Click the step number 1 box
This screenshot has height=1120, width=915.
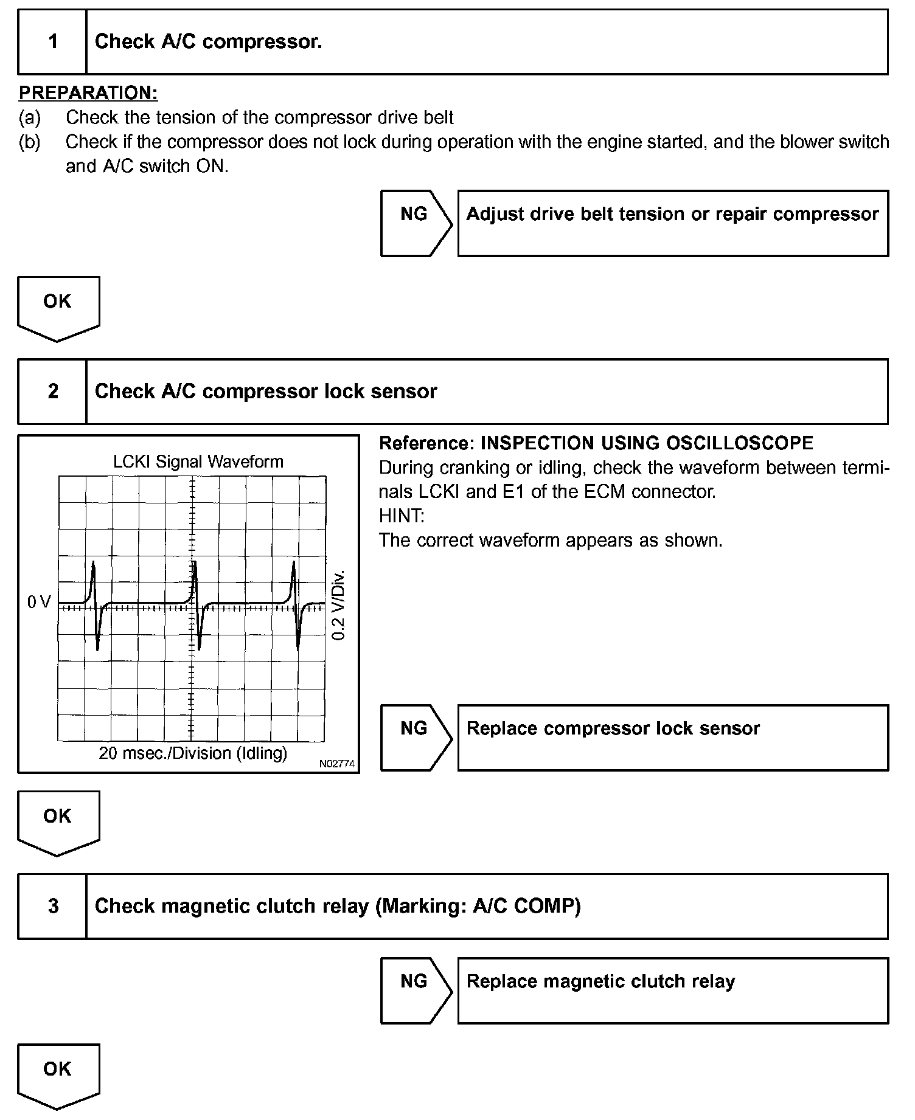point(53,42)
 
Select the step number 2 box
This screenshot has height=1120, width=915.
point(53,392)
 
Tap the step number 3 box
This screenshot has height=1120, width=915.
point(53,906)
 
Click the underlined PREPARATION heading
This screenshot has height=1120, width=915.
point(88,93)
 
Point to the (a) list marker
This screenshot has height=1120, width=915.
point(30,117)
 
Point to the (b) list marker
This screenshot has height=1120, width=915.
point(30,142)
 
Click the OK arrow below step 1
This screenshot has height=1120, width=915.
point(58,307)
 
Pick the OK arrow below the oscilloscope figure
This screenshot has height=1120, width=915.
point(58,821)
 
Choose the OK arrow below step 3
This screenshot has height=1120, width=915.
point(58,1075)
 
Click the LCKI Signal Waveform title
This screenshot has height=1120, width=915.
point(198,461)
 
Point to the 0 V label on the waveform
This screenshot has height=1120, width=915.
point(39,602)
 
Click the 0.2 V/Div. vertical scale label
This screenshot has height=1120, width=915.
point(339,605)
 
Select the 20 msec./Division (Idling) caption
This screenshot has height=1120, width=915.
point(193,753)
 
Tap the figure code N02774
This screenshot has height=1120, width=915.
point(336,764)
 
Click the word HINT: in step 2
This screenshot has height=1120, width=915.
point(402,516)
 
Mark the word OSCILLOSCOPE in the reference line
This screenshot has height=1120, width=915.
point(739,443)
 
